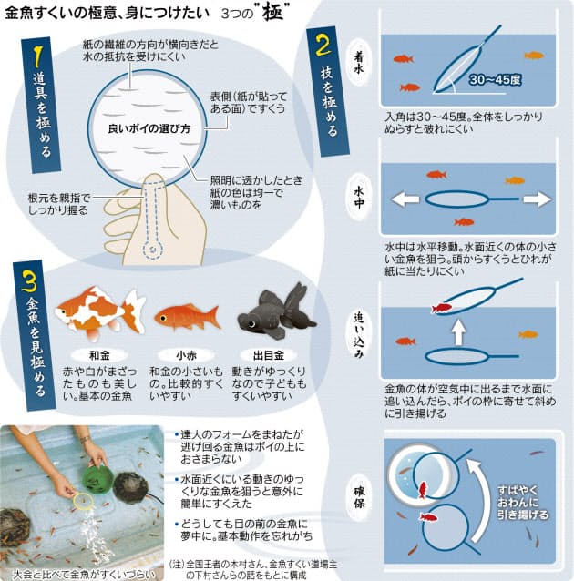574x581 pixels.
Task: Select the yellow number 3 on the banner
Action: coord(28,280)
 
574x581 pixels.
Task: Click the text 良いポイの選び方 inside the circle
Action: coord(149,128)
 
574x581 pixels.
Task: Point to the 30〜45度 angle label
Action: coord(495,79)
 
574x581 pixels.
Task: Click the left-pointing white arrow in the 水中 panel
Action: coord(405,199)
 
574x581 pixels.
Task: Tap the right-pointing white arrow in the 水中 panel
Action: coord(538,199)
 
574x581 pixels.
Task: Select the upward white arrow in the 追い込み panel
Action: coord(459,331)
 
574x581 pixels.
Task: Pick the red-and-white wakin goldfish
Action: coord(100,312)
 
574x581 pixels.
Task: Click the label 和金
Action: coord(99,355)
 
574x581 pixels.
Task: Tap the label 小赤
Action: coord(186,355)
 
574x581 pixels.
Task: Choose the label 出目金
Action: coord(269,355)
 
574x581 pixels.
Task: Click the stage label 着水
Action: coord(358,63)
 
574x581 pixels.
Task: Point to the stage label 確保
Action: coord(359,497)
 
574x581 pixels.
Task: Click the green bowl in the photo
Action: coord(97,478)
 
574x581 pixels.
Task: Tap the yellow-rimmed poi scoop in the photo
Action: coord(84,501)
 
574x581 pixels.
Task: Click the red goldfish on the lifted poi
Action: coord(441,309)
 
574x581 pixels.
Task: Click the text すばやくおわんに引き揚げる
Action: coord(522,503)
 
